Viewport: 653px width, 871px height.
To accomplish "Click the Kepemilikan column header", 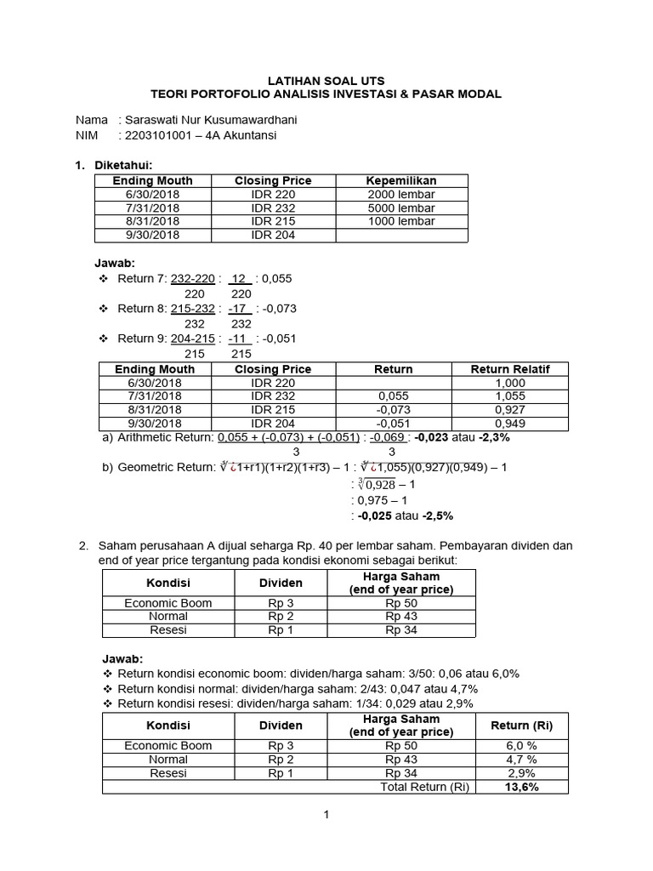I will pyautogui.click(x=401, y=180).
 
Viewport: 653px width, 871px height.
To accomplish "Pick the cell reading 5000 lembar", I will pyautogui.click(x=401, y=208).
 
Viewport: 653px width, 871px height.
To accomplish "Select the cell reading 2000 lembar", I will pyautogui.click(x=401, y=194).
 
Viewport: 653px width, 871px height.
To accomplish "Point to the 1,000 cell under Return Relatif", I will pyautogui.click(x=509, y=383).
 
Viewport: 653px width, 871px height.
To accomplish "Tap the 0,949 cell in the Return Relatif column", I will pyautogui.click(x=509, y=424).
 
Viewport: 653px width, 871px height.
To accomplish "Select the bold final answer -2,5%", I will pyautogui.click(x=435, y=515).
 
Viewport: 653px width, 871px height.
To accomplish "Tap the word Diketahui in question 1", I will pyautogui.click(x=127, y=165).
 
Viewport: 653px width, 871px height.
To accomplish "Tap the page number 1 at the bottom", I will pyautogui.click(x=326, y=816).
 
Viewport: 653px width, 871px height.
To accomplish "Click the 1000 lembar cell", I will pyautogui.click(x=401, y=221).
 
